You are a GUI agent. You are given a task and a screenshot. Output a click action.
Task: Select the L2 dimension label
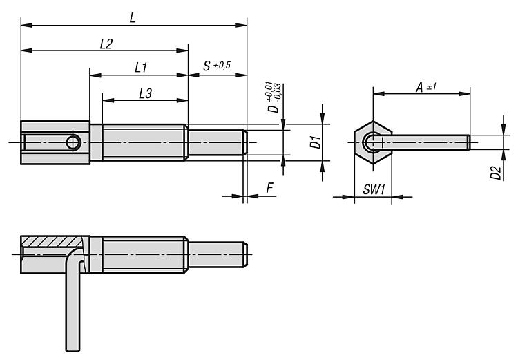(106, 44)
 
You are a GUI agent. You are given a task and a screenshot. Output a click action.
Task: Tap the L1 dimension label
(141, 68)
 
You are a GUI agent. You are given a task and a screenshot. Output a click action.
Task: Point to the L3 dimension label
(145, 93)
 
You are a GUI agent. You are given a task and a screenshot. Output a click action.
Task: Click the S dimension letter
(207, 66)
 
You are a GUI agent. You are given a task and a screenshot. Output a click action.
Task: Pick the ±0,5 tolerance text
(222, 66)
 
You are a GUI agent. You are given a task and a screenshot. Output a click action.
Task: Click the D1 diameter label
(316, 142)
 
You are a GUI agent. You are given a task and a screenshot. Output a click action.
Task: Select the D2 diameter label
(495, 173)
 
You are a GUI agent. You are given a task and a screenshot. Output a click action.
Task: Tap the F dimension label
(270, 188)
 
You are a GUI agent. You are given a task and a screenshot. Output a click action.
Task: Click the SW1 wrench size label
(374, 190)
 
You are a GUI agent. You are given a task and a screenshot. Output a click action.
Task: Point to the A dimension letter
(419, 88)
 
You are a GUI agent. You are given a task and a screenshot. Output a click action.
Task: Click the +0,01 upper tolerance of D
(268, 91)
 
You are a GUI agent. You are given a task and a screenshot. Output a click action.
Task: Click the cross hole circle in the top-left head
(73, 143)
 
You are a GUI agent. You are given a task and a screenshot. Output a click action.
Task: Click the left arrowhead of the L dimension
(26, 25)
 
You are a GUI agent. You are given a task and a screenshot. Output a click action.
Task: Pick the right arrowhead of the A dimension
(465, 94)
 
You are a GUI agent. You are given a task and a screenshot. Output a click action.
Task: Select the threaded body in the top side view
(144, 143)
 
